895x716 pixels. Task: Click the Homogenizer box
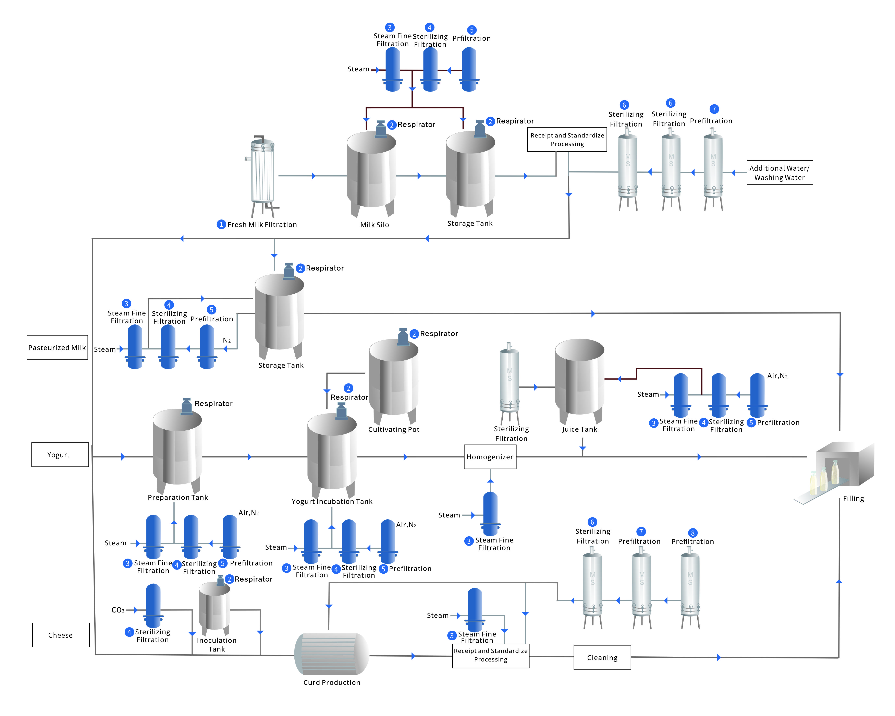490,457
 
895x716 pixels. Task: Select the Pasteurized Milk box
57,347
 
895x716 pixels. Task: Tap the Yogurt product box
60,455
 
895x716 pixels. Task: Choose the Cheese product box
61,635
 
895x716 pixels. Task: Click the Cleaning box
602,657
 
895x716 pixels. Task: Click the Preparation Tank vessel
177,449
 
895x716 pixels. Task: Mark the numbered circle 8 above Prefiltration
692,533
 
